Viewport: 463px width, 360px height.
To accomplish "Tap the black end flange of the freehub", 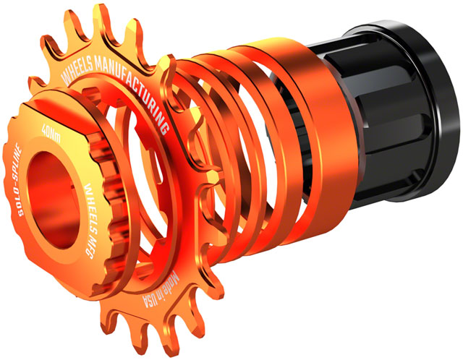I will [x=423, y=94].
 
